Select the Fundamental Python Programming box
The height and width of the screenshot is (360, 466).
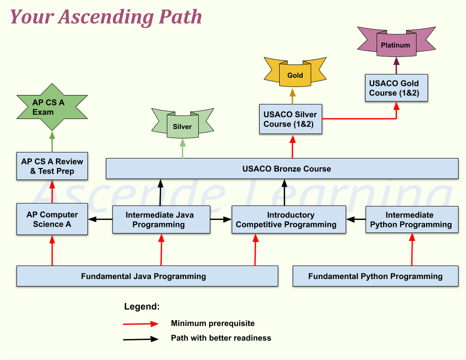pyautogui.click(x=375, y=276)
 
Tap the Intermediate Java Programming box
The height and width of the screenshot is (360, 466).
pyautogui.click(x=160, y=219)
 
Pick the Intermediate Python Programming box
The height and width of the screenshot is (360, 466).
pyautogui.click(x=412, y=219)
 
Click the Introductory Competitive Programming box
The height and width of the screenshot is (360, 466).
pyautogui.click(x=289, y=219)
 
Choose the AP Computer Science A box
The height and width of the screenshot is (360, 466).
pyautogui.click(x=52, y=219)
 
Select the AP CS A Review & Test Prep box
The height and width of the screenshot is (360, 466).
pyautogui.click(x=52, y=166)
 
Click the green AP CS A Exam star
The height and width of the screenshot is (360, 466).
pyautogui.click(x=50, y=107)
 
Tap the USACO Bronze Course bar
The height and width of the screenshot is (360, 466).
pyautogui.click(x=282, y=168)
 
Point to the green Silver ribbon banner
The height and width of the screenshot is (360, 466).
pyautogui.click(x=182, y=126)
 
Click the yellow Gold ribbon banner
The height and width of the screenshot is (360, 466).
pyautogui.click(x=295, y=75)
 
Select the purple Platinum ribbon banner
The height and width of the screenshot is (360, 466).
pyautogui.click(x=395, y=45)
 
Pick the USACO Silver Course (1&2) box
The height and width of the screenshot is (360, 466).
pyautogui.click(x=290, y=119)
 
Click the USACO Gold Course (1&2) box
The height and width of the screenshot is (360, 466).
pyautogui.click(x=396, y=88)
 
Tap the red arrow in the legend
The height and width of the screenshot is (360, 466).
pyautogui.click(x=141, y=323)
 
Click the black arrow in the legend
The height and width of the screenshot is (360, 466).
pyautogui.click(x=141, y=338)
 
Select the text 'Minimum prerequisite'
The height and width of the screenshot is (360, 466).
pyautogui.click(x=212, y=323)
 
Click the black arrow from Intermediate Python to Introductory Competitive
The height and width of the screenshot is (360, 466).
pyautogui.click(x=356, y=219)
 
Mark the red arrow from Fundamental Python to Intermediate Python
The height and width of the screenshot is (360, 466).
pyautogui.click(x=412, y=250)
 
